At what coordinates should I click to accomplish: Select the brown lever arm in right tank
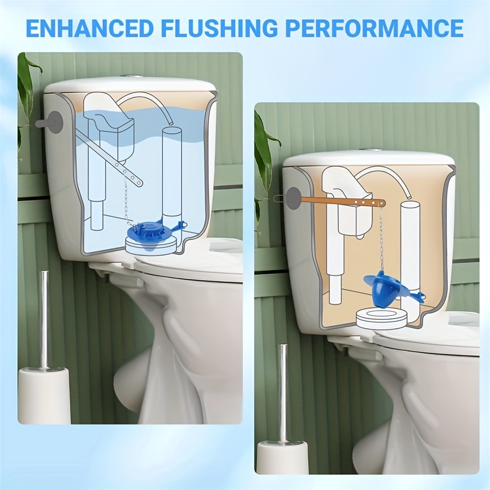343,200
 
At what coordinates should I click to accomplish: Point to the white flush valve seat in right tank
382,319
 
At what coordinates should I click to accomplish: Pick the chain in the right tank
380,239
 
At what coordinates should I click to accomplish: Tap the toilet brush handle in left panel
44,318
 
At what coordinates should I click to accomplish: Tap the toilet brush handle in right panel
283,392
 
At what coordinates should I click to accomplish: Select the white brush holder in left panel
44,395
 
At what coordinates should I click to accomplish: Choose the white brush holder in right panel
282,459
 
